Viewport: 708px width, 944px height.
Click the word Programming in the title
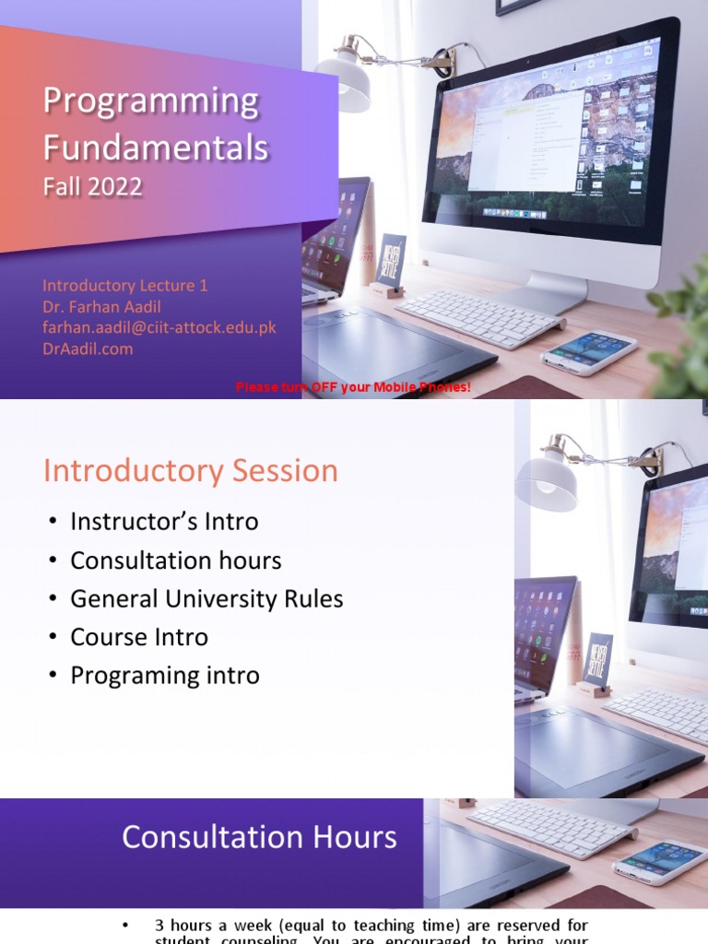(x=151, y=102)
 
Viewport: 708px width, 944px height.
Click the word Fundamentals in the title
(x=156, y=147)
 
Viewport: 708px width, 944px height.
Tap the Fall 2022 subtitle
(x=93, y=187)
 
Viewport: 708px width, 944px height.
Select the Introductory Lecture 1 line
(x=125, y=286)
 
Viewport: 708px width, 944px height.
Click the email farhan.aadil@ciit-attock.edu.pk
(x=159, y=327)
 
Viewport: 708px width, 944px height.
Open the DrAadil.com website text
(x=88, y=348)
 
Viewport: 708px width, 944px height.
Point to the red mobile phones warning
(x=353, y=387)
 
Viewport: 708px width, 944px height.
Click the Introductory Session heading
(x=191, y=471)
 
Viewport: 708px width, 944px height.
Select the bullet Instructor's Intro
(x=164, y=522)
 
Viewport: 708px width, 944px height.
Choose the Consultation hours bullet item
(x=175, y=560)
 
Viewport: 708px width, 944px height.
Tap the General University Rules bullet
(x=206, y=599)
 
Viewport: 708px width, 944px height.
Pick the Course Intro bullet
(x=139, y=637)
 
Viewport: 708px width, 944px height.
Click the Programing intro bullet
(x=165, y=676)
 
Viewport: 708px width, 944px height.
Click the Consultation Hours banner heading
(x=259, y=837)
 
